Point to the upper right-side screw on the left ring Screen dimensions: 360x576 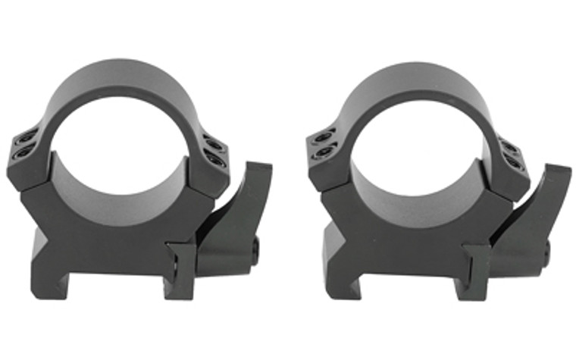(x=210, y=141)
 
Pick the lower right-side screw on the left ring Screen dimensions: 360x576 (x=213, y=156)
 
